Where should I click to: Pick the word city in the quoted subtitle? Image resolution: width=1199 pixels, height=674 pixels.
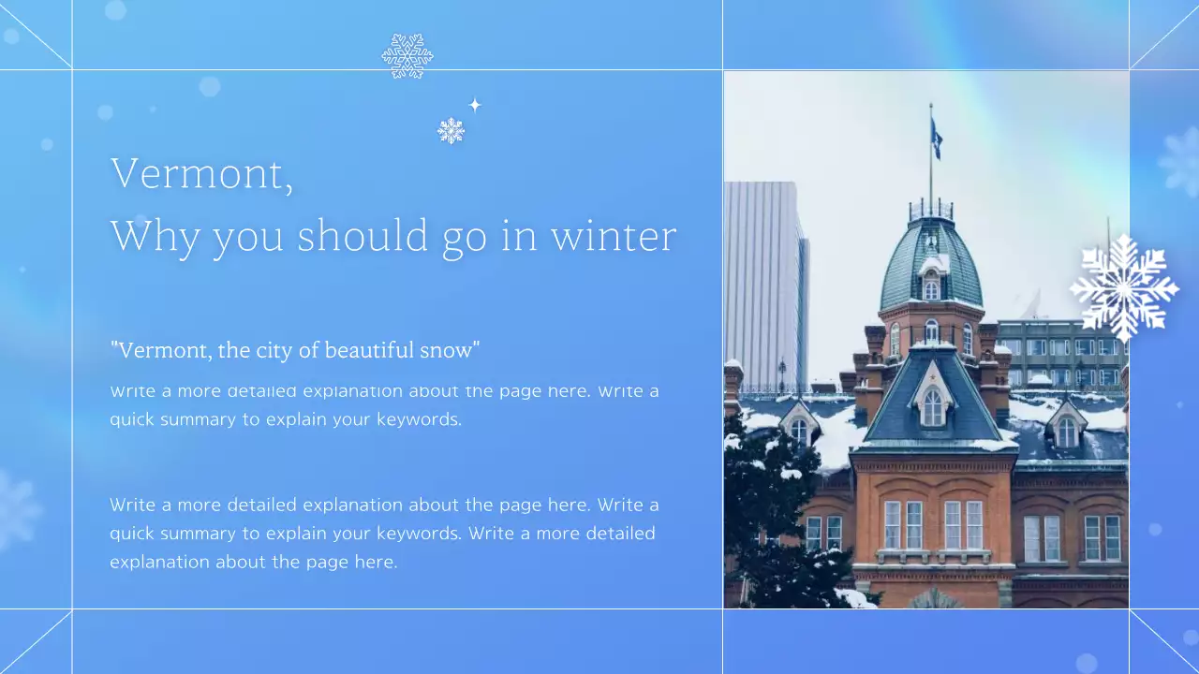pyautogui.click(x=267, y=351)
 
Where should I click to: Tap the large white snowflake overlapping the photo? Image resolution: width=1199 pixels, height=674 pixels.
pyautogui.click(x=1123, y=286)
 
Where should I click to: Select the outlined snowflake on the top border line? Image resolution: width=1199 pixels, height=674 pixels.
pyautogui.click(x=407, y=56)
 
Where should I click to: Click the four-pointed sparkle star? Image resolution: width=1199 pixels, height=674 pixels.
pyautogui.click(x=475, y=105)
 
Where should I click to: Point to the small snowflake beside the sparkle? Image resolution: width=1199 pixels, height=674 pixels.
pyautogui.click(x=451, y=130)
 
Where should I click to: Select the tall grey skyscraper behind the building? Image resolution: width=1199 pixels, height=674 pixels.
pyautogui.click(x=764, y=281)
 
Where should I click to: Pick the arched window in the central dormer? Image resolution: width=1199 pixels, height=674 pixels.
pyautogui.click(x=932, y=407)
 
